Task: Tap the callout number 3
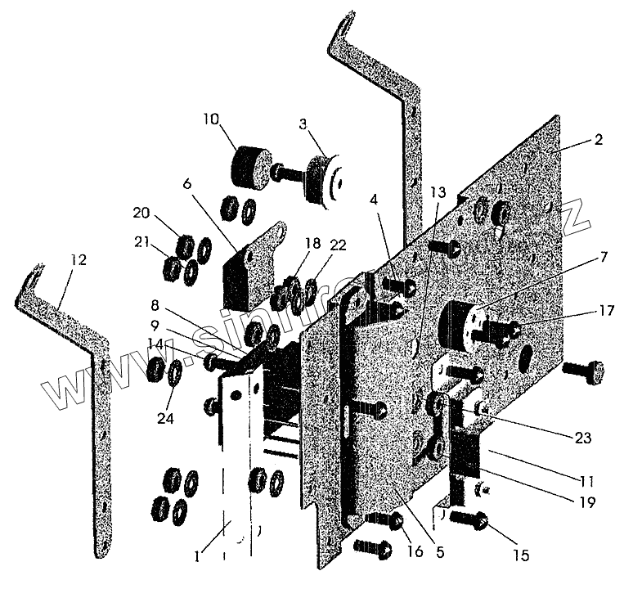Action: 303,124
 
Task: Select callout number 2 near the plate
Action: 598,140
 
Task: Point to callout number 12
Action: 78,259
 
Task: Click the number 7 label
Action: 602,258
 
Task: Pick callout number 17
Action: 604,310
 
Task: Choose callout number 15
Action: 522,555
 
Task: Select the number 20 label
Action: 141,215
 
